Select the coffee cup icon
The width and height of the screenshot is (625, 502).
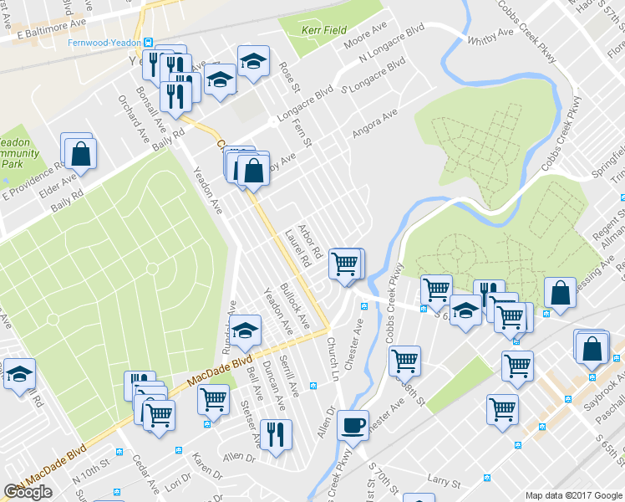(353, 423)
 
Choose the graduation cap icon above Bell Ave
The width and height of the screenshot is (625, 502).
(246, 331)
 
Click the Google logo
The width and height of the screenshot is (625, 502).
(28, 492)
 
